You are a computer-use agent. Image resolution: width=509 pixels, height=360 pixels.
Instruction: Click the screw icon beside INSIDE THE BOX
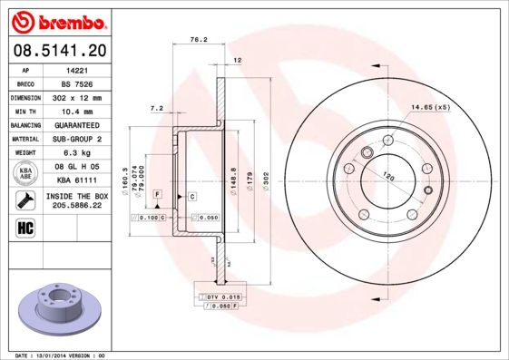pyautogui.click(x=25, y=199)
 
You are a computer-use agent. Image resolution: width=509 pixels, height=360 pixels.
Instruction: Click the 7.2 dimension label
pyautogui.click(x=155, y=108)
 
